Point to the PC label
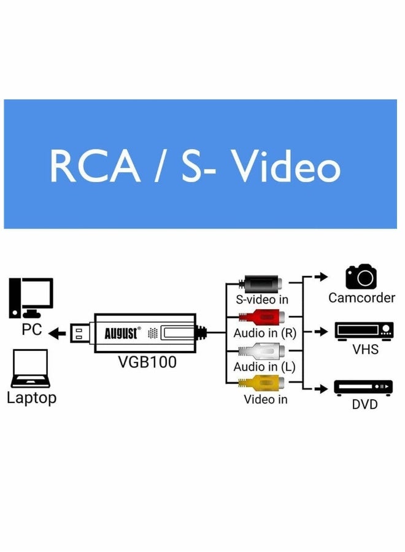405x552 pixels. pos(32,329)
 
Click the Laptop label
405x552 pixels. pos(32,397)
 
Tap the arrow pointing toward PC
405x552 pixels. pos(58,334)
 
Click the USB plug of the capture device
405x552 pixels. pos(82,333)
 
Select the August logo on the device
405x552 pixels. pos(122,333)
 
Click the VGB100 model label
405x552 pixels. pos(147,362)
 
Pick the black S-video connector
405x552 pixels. pos(261,284)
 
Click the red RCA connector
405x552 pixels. pos(261,317)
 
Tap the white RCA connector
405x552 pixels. pos(261,351)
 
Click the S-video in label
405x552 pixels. pos(262,300)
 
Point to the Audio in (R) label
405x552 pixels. pos(264,333)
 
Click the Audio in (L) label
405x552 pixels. pos(264,367)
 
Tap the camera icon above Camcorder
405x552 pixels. pos(361,277)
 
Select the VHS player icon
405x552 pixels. pos(363,331)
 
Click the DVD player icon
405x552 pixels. pos(363,388)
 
